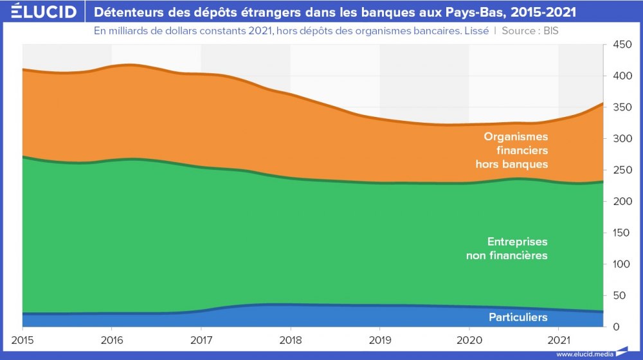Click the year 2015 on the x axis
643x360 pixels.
[23, 339]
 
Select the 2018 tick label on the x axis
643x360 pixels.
[291, 339]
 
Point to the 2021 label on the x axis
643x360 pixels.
[559, 339]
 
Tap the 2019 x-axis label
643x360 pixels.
[380, 339]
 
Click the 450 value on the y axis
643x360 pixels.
[620, 45]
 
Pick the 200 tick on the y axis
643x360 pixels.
[620, 202]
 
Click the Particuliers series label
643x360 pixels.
[518, 317]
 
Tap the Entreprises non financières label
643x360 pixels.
[507, 249]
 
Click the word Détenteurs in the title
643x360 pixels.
[129, 12]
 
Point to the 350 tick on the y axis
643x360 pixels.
[620, 107]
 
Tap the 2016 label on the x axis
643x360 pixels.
[112, 339]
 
